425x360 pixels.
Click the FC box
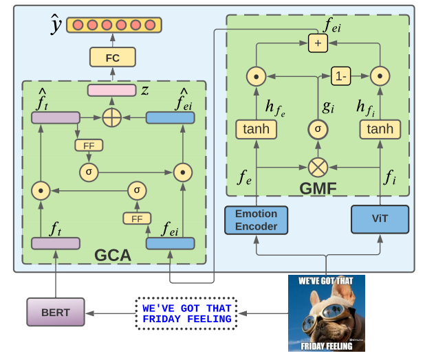click(x=112, y=58)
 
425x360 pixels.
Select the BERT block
click(x=55, y=312)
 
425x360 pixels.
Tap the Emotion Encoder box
click(x=256, y=220)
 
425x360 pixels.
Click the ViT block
click(x=380, y=220)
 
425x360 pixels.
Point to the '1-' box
click(x=342, y=76)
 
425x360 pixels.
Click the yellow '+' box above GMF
click(x=318, y=43)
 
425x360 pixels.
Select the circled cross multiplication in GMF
click(x=318, y=167)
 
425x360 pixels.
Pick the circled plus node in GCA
click(x=111, y=118)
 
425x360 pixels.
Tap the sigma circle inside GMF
click(x=318, y=128)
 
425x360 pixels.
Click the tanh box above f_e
click(x=256, y=128)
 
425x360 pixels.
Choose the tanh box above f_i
click(x=380, y=128)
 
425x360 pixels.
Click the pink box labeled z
click(x=111, y=90)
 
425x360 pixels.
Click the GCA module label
click(x=112, y=256)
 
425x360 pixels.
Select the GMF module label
click(x=317, y=186)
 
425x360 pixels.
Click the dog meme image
click(x=326, y=313)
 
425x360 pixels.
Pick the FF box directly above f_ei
click(x=136, y=218)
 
